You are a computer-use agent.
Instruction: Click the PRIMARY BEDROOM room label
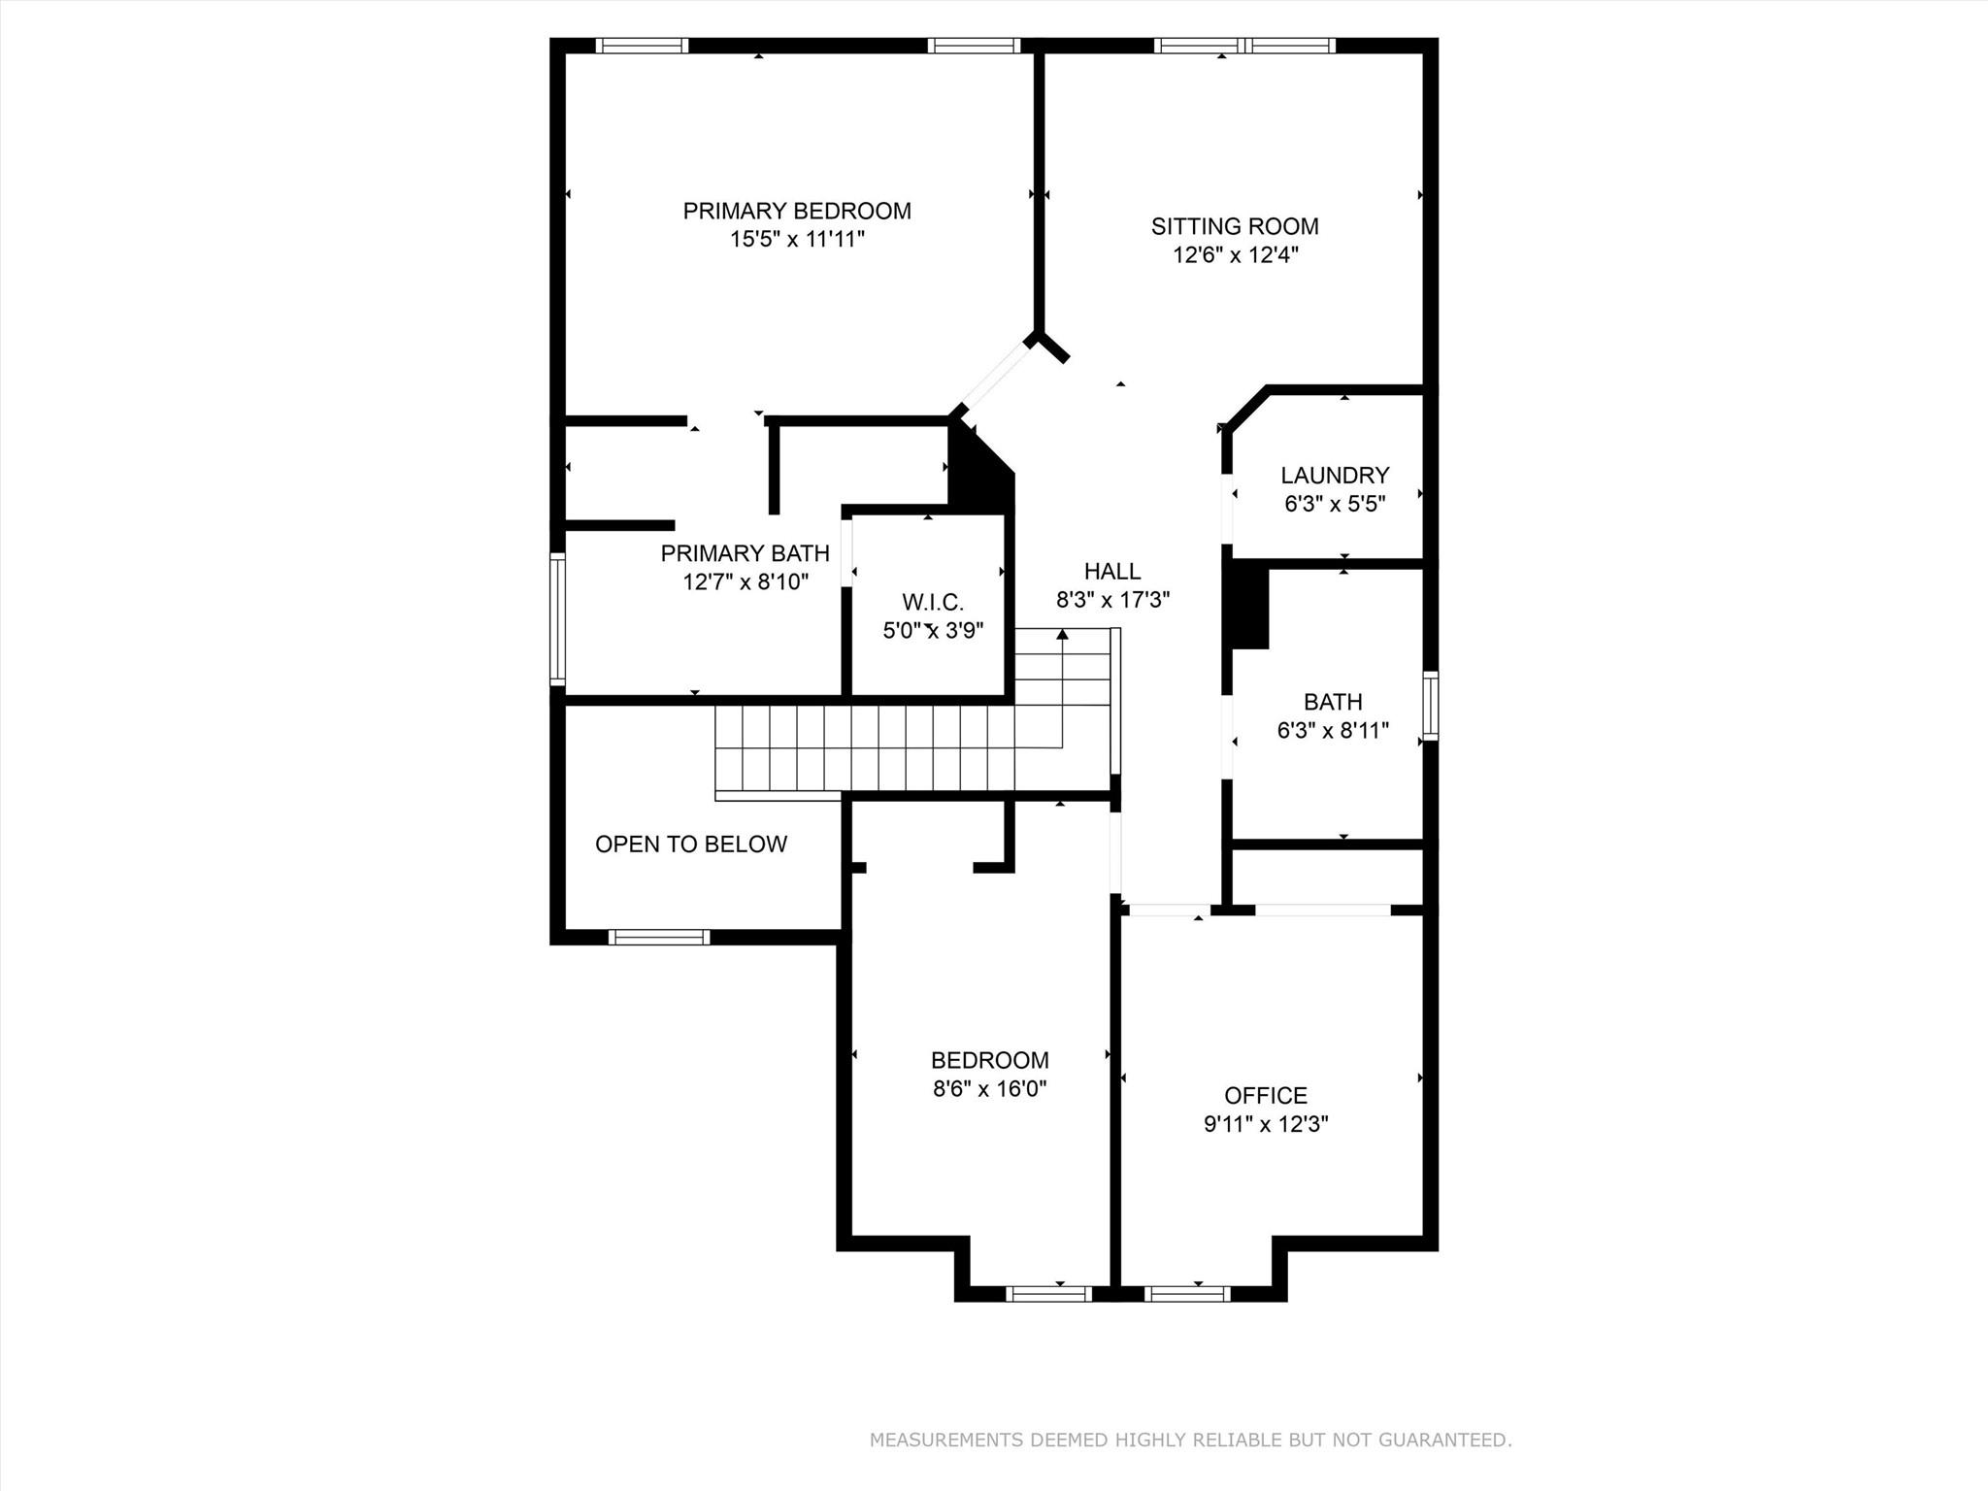tap(796, 211)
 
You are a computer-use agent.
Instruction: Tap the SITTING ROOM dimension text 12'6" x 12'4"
tap(1235, 255)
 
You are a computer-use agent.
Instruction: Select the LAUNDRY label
tap(1334, 475)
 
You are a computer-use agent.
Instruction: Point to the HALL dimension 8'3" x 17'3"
tap(1112, 600)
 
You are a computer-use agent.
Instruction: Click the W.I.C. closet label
tap(932, 602)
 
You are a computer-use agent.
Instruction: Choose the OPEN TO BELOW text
tap(690, 844)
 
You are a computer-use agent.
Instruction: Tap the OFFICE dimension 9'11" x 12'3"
tap(1265, 1124)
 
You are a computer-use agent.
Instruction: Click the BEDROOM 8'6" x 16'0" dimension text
tap(989, 1089)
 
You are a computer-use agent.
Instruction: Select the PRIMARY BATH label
tap(745, 553)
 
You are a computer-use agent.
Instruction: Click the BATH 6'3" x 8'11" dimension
tap(1332, 730)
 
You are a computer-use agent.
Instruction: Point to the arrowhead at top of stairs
tap(1062, 634)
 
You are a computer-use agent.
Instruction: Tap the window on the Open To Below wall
tap(659, 937)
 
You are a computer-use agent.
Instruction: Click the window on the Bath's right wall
tap(1430, 706)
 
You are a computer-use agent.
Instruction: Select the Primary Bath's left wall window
tap(557, 619)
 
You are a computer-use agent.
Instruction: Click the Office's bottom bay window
tap(1187, 1293)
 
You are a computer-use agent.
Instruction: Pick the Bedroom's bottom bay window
tap(1048, 1293)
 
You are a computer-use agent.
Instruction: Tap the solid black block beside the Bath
tap(1249, 608)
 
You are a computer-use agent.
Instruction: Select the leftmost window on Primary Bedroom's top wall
tap(642, 46)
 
